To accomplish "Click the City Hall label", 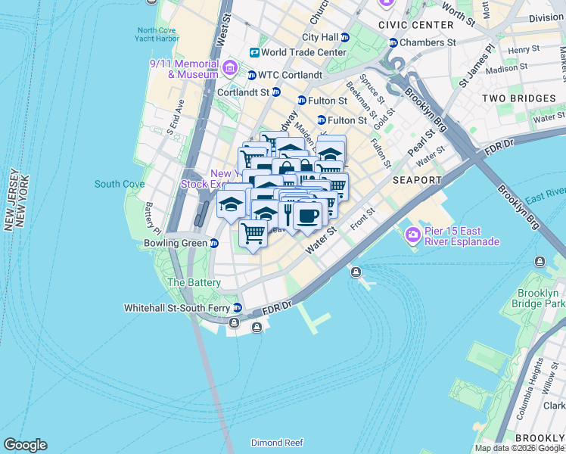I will (x=320, y=37).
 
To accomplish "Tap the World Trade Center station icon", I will (x=255, y=53).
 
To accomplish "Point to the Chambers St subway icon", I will (x=393, y=42).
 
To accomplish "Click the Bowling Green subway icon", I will (x=214, y=244).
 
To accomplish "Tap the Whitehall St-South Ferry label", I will (x=179, y=308).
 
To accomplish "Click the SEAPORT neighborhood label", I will (x=417, y=180).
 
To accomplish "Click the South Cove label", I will (x=120, y=184).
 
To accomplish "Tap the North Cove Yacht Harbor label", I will (x=158, y=35).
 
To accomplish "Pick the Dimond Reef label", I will (x=277, y=443).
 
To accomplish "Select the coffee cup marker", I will (x=308, y=216).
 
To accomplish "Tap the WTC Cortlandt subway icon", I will (x=252, y=75).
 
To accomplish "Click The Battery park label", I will (x=194, y=282).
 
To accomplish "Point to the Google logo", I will (x=25, y=445).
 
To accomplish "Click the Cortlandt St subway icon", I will (x=276, y=92).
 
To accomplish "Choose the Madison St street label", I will (x=506, y=69).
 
